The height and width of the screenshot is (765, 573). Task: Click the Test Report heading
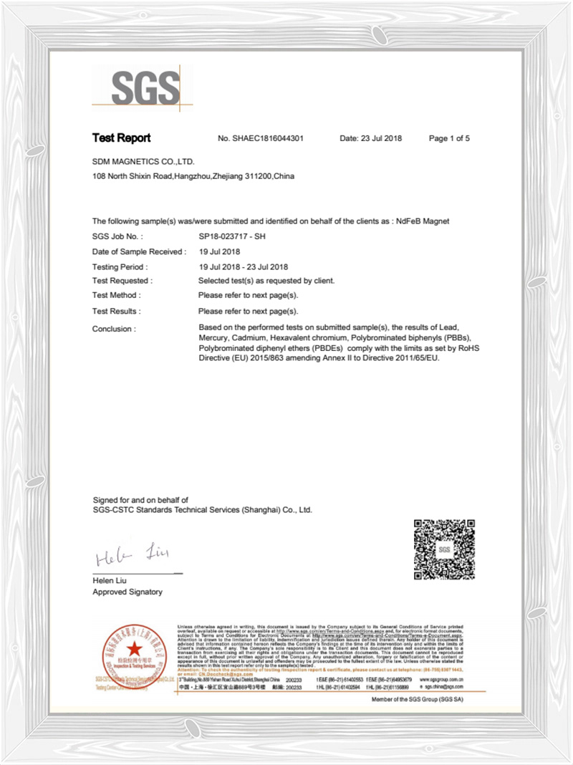[121, 138]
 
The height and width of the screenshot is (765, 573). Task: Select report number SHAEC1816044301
[269, 138]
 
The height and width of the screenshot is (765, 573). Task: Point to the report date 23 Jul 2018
[370, 138]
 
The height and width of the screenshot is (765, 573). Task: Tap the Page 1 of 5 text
[448, 138]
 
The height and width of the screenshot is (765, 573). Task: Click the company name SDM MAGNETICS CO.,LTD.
[143, 162]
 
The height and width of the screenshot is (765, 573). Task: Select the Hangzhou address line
[193, 176]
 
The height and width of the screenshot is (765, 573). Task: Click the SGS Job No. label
[118, 236]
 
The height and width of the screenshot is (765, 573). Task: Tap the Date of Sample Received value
[219, 251]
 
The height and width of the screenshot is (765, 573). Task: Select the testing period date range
[243, 266]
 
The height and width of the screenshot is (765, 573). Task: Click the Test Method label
[117, 295]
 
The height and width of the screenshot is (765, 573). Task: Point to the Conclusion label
[113, 329]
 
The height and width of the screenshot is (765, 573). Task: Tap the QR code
[444, 549]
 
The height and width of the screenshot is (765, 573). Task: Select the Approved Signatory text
[127, 592]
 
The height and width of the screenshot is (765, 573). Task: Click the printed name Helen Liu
[112, 580]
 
